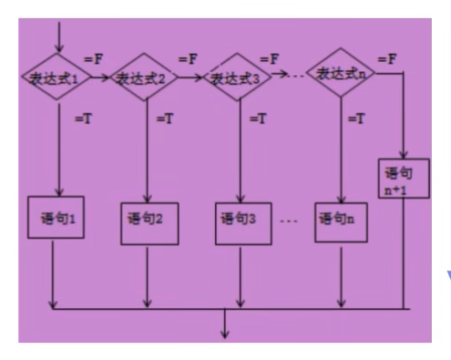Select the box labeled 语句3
click(242, 220)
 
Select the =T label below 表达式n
click(358, 118)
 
